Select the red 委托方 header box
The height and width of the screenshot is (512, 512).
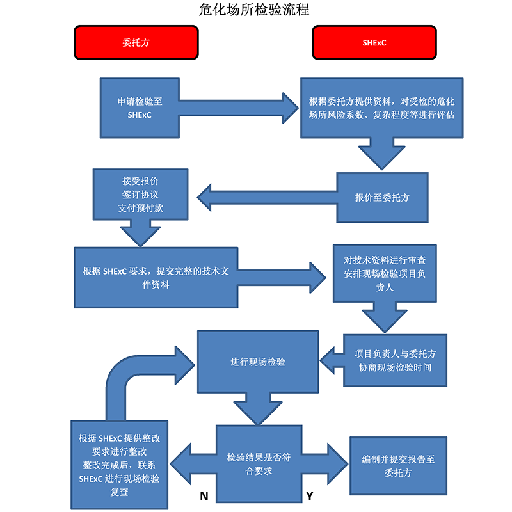pyautogui.click(x=135, y=43)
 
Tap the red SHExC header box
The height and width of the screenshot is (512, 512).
pyautogui.click(x=374, y=43)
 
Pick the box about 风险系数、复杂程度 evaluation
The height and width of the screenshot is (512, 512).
pyautogui.click(x=382, y=108)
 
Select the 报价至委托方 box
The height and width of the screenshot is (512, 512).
pyautogui.click(x=382, y=198)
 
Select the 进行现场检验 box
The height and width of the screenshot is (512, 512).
pyautogui.click(x=258, y=362)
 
